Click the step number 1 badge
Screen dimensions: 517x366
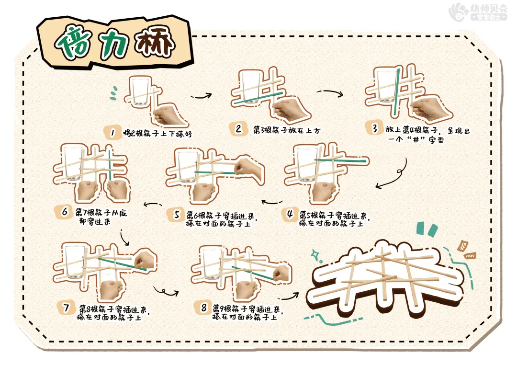[x=112, y=133]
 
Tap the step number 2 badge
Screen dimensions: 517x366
[x=238, y=128]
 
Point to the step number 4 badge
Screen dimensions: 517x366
[x=290, y=214]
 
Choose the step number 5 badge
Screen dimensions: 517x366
[x=177, y=214]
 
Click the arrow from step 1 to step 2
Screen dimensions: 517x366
[x=202, y=95]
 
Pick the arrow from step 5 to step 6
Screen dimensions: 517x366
[x=152, y=206]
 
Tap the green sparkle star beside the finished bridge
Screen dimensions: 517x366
[x=317, y=255]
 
